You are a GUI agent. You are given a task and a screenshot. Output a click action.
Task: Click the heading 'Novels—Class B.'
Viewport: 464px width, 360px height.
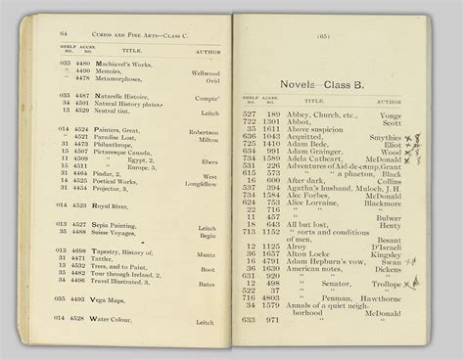(x=320, y=85)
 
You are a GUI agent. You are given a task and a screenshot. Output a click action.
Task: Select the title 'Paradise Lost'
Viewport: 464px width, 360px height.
(x=116, y=138)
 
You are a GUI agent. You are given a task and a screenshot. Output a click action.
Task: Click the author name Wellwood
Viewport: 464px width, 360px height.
(x=205, y=72)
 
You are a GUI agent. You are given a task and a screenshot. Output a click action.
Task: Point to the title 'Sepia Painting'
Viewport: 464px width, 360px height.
(x=116, y=225)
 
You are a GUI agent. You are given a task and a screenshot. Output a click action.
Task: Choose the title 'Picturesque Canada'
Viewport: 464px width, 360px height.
(x=123, y=152)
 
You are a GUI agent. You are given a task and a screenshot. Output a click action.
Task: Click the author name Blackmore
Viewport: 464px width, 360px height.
(x=383, y=202)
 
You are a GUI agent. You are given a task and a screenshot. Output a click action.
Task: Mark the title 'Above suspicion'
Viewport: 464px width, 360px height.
(x=315, y=129)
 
